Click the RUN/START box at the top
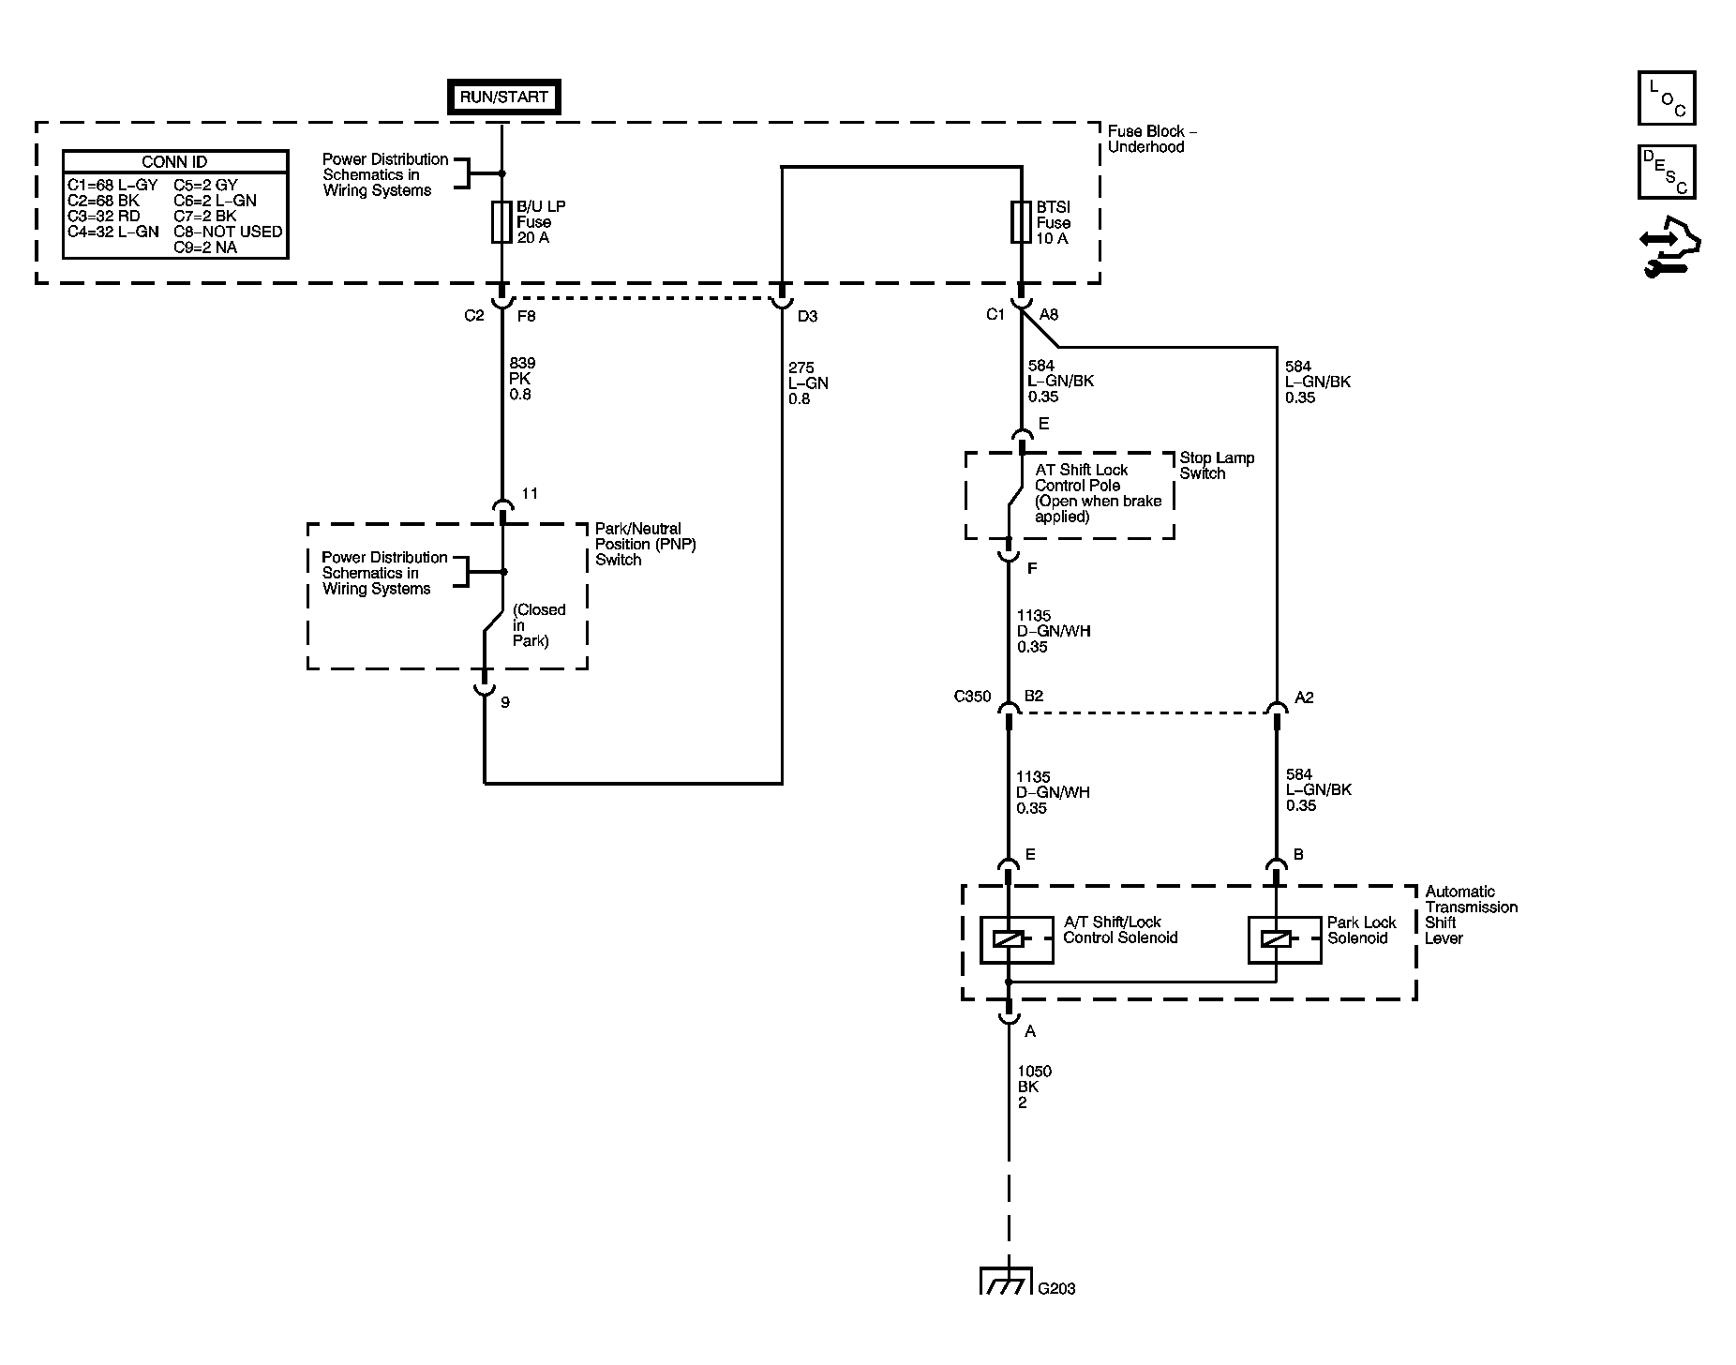click(503, 97)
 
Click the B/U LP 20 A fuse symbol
click(501, 223)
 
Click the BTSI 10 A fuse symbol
click(1021, 223)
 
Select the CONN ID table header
click(175, 162)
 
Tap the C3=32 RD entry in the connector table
click(103, 216)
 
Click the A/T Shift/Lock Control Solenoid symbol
click(1008, 939)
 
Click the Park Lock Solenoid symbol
click(1276, 939)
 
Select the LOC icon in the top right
click(1667, 98)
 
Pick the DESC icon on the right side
click(1667, 172)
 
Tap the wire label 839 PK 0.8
click(523, 379)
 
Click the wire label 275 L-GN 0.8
click(808, 383)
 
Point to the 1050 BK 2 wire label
click(1034, 1087)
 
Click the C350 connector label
click(972, 697)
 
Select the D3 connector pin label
click(807, 317)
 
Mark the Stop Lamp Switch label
click(1216, 466)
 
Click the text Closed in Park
click(539, 625)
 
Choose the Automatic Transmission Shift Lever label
click(1470, 915)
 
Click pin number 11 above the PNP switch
click(530, 494)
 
